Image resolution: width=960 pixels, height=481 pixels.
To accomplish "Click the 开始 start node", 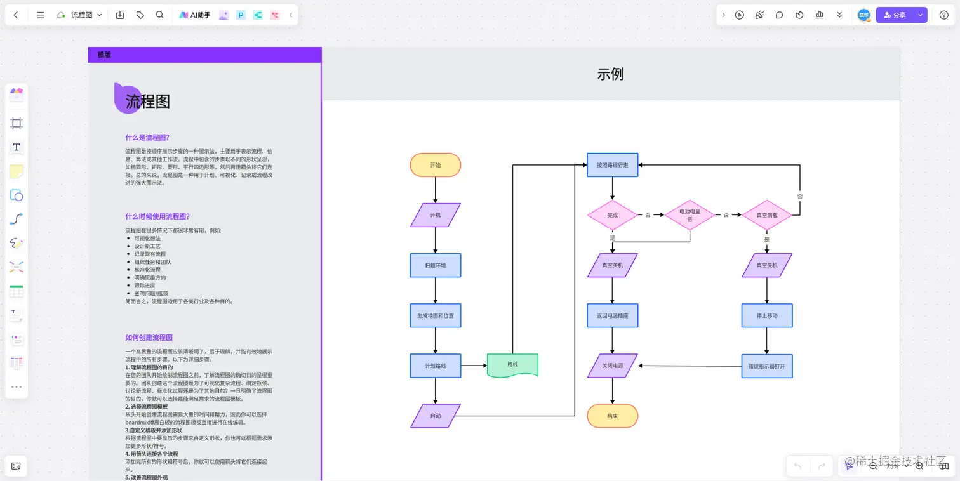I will [435, 165].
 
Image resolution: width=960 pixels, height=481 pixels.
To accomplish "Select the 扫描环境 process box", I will [435, 265].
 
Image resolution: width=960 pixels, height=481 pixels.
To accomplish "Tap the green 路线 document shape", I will [512, 365].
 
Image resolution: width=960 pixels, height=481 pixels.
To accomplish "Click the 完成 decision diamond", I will [612, 215].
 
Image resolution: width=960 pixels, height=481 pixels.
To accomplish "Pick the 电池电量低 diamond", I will [690, 215].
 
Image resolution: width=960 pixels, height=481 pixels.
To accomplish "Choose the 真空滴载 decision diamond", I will [766, 215].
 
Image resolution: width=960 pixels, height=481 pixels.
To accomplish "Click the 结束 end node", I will [612, 416].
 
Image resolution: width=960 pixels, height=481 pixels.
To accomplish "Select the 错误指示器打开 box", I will [767, 366].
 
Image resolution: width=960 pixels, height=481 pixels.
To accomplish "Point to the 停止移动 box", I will [767, 315].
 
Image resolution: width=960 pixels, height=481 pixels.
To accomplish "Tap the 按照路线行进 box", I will [612, 165].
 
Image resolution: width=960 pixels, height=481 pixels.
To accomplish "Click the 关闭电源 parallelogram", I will [612, 366].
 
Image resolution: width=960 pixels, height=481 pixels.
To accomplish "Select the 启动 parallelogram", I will [435, 416].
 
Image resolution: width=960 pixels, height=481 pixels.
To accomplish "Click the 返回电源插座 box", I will [612, 315].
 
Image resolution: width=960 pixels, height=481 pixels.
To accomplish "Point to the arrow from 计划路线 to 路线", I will [474, 366].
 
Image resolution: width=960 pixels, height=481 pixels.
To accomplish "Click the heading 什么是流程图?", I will [147, 137].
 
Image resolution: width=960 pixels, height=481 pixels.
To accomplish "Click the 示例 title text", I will [610, 74].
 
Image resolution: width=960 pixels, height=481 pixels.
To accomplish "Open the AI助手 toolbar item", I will [194, 15].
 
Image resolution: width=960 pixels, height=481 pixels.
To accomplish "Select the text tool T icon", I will [17, 147].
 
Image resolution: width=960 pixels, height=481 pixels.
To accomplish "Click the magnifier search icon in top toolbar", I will [159, 15].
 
